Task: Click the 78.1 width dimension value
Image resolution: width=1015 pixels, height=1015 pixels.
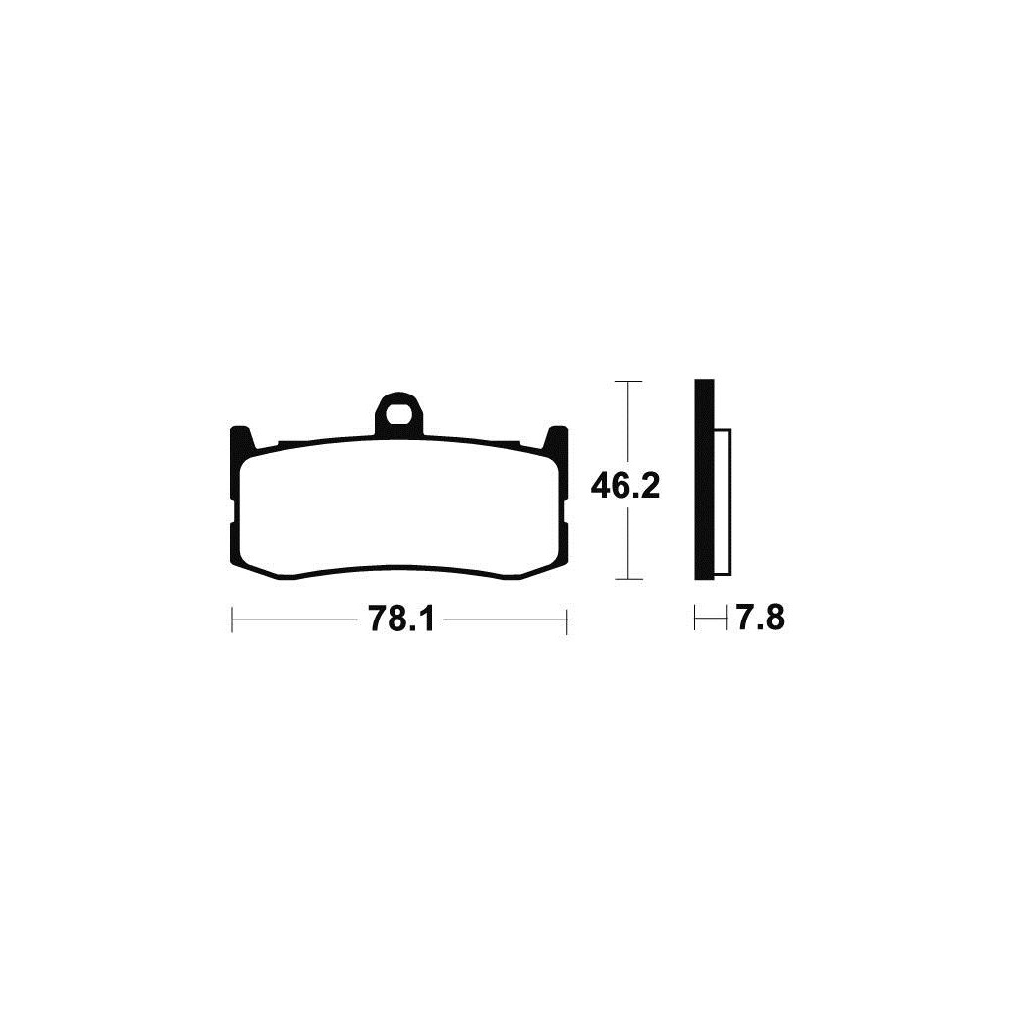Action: (400, 620)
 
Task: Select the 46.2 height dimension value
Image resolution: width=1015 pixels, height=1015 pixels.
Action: (624, 486)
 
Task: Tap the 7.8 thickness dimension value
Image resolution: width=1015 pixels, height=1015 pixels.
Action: (761, 619)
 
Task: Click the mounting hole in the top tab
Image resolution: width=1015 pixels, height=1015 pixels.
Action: (398, 414)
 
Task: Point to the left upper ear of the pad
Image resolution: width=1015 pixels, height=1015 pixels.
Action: (242, 438)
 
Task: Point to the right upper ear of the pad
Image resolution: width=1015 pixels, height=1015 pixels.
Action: (555, 438)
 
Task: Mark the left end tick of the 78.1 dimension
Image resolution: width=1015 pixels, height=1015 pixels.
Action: (232, 620)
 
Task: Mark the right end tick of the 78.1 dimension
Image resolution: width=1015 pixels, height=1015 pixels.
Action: (566, 620)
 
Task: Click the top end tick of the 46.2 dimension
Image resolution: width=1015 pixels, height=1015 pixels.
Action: (627, 382)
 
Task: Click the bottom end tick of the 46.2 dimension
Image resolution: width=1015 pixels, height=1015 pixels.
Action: (627, 579)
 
